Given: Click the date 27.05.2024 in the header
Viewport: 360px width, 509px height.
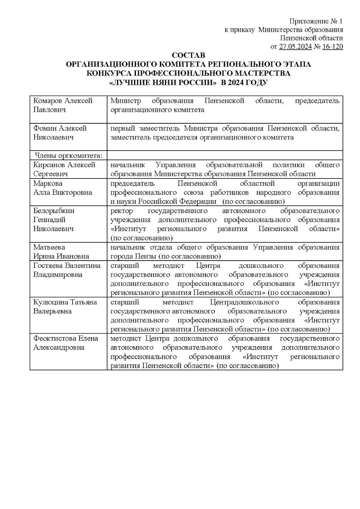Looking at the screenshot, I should click(295, 47).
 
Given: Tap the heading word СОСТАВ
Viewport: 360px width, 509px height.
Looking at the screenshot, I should click(188, 55).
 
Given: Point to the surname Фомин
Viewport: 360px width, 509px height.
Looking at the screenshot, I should click(45, 128).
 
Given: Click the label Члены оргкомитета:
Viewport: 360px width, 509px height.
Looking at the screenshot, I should click(68, 155).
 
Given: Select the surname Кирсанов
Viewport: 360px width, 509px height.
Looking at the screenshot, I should click(49, 165).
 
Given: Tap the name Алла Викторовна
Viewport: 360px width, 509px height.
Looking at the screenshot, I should click(62, 193).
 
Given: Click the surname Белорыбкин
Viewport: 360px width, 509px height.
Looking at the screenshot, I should click(54, 211).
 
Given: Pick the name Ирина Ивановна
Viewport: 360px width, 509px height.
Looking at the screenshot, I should click(61, 256).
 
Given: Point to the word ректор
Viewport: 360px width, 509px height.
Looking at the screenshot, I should click(121, 211).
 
